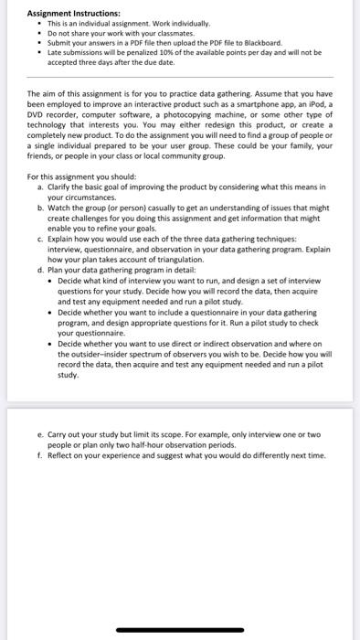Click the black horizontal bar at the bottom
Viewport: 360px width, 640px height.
click(180, 629)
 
